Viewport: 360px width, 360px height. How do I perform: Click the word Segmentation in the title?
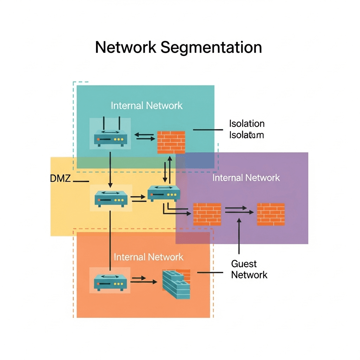211,48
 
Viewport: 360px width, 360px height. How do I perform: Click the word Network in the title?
126,47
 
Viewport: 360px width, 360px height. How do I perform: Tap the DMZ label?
61,178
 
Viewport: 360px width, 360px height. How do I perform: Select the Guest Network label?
249,269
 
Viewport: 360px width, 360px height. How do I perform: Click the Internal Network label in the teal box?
147,105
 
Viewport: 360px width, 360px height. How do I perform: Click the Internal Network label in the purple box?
246,178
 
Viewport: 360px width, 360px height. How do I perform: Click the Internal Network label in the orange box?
148,257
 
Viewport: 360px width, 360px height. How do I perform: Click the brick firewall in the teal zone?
171,142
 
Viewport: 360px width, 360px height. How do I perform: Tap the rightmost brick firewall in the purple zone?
271,214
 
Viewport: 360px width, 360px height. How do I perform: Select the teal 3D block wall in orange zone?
176,284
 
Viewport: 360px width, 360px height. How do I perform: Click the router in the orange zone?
110,282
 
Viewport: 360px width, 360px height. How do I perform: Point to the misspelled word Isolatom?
246,135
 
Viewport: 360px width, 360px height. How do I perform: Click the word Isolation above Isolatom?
247,124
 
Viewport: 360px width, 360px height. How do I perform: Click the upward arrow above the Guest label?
239,236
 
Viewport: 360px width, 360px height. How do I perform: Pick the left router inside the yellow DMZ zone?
111,199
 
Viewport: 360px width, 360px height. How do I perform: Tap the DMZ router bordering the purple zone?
163,193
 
